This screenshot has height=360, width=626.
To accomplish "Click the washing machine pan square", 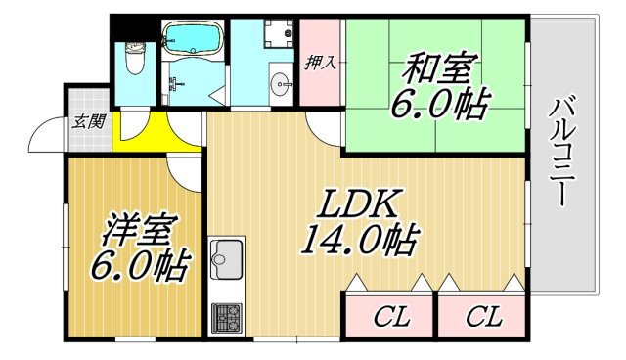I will (280, 35).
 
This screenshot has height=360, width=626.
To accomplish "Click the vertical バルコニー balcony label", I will (561, 151).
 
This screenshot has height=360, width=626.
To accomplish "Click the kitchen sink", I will (226, 260).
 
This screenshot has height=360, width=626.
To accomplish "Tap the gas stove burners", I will (226, 316).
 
